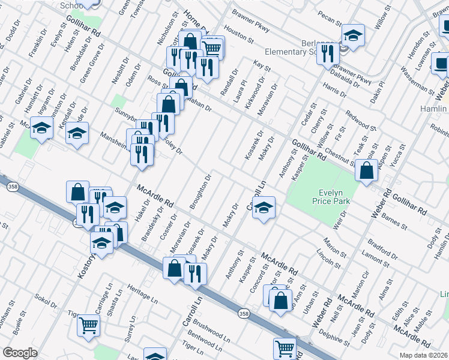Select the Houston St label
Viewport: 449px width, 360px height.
point(239,34)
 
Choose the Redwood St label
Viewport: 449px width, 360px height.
point(360,121)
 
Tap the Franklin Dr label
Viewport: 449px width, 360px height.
point(37,46)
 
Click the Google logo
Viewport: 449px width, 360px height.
point(20,353)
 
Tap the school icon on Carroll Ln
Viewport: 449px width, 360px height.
point(263,207)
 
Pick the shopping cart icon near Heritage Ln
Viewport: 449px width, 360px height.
point(89,325)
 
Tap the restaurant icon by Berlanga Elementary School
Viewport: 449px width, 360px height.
point(327,53)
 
